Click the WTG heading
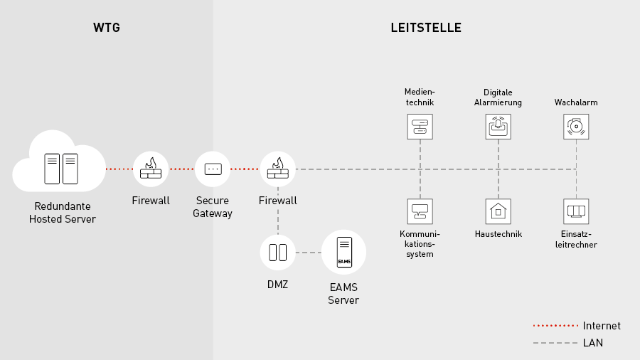pos(107,28)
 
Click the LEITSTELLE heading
pos(426,28)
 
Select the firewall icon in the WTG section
pos(151,169)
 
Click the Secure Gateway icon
pos(213,169)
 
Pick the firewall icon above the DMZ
pos(277,169)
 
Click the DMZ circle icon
pos(277,252)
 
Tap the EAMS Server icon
pos(343,253)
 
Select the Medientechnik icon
pos(420,127)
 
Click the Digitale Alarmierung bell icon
pos(498,127)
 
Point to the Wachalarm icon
pos(576,127)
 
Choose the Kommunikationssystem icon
pos(420,211)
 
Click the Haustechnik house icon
pos(498,211)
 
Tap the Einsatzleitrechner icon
pos(576,211)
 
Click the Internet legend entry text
pos(602,326)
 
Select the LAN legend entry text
pos(593,343)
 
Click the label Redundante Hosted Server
pos(63,213)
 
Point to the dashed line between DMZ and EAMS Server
pos(308,253)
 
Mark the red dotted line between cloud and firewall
pos(119,169)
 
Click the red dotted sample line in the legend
pos(555,326)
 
